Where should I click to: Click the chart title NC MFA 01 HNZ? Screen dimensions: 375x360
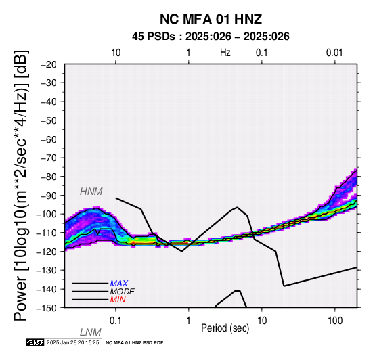click(211, 19)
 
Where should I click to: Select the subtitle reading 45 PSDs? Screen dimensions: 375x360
click(153, 37)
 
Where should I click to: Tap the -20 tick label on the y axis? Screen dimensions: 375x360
click(49, 64)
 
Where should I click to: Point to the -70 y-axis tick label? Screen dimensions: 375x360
click(49, 158)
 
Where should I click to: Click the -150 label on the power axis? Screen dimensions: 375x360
click(47, 308)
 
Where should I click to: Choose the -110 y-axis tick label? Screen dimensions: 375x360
click(47, 233)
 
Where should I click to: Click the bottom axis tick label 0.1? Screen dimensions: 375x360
click(116, 321)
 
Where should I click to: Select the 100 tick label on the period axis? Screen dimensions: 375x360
click(335, 321)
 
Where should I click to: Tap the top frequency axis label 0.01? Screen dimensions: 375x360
click(334, 53)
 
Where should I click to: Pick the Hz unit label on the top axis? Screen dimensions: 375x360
click(225, 53)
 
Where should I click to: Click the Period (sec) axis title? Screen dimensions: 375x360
click(225, 328)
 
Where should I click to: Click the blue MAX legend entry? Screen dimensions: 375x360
click(119, 284)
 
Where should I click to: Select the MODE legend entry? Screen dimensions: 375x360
click(123, 292)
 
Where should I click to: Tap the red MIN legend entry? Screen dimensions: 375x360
click(118, 300)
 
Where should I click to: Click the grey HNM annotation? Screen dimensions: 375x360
click(91, 192)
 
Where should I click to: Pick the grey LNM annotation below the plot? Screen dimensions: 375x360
click(91, 332)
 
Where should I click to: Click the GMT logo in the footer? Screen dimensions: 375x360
click(35, 342)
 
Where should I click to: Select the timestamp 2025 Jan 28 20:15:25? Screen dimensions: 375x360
click(73, 342)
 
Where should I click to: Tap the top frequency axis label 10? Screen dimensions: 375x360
click(116, 53)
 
